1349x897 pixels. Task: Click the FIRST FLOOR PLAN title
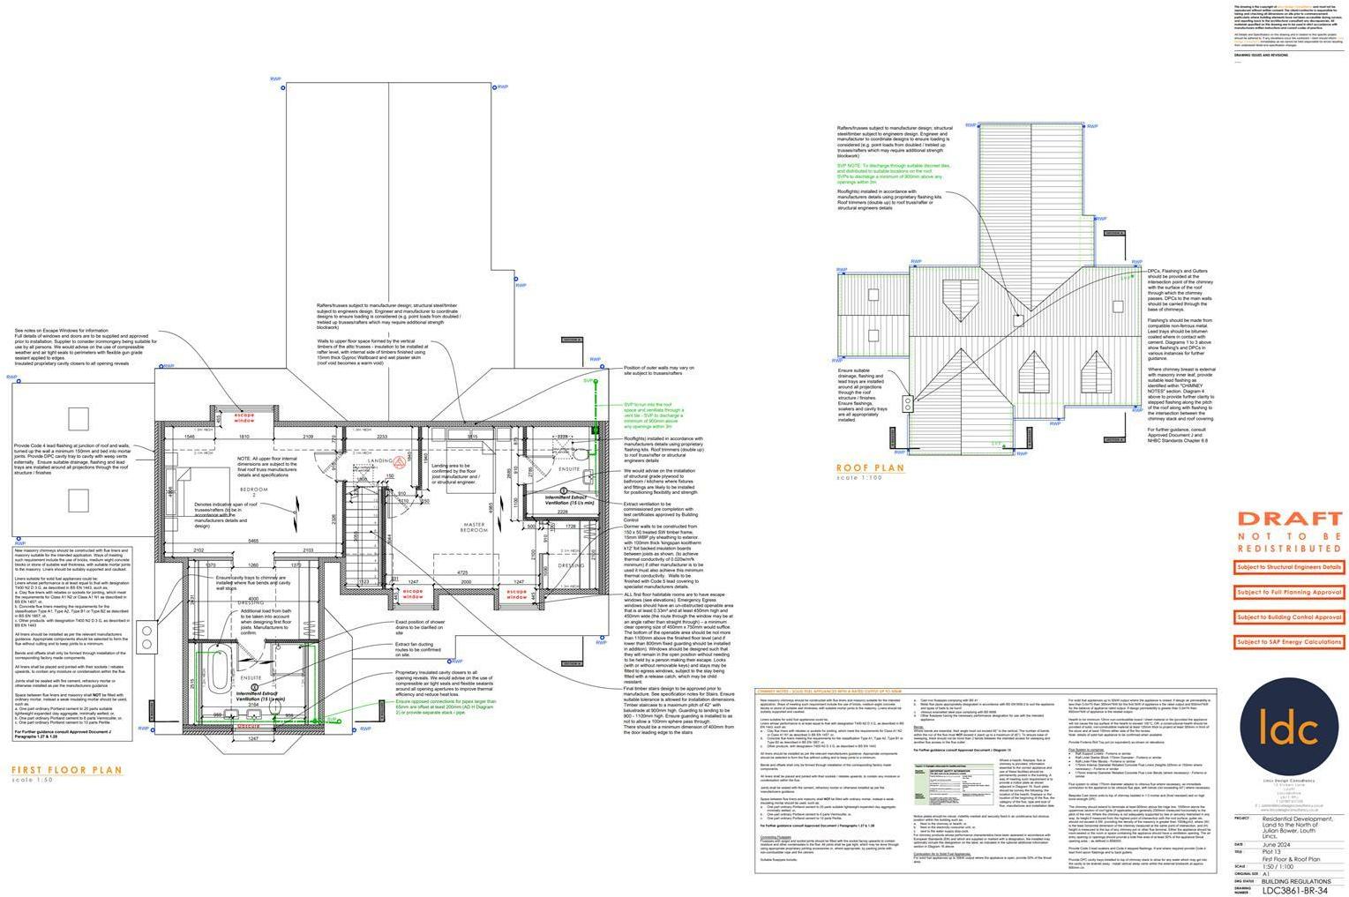point(66,770)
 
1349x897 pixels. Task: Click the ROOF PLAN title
point(870,467)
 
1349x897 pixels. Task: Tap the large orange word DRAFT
point(1289,519)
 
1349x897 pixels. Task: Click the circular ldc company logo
point(1288,729)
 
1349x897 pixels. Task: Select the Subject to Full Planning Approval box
point(1289,593)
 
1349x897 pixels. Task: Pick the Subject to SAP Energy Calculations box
point(1289,642)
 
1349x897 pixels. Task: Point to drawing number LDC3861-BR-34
point(1294,890)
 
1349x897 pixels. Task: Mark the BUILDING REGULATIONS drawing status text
point(1295,881)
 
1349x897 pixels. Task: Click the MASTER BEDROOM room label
point(474,527)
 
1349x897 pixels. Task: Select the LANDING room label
point(380,460)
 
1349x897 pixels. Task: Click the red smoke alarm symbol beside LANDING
point(399,461)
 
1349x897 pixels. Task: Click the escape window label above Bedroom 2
point(244,416)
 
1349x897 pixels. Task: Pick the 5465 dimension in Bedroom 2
point(253,541)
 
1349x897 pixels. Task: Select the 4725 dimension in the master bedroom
point(462,572)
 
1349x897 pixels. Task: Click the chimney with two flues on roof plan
point(908,404)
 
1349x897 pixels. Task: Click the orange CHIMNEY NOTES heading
point(829,691)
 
